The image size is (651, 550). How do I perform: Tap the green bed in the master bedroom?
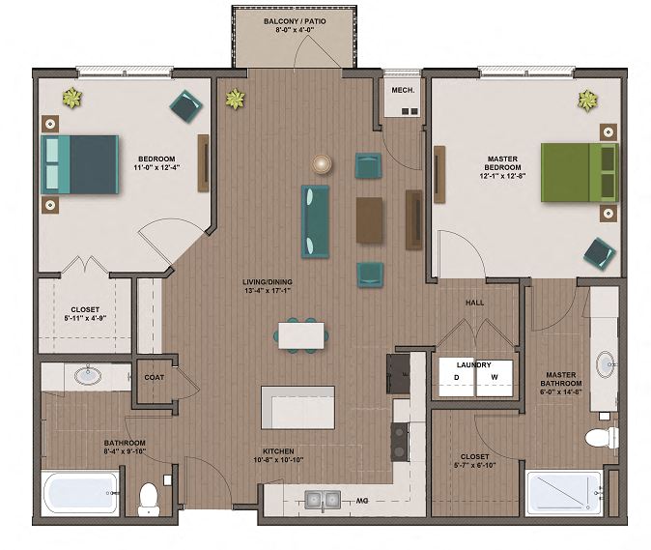pyautogui.click(x=579, y=172)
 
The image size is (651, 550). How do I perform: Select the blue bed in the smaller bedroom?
pyautogui.click(x=80, y=163)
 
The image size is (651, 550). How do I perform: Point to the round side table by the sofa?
pyautogui.click(x=321, y=163)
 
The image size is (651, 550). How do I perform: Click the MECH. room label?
pyautogui.click(x=402, y=91)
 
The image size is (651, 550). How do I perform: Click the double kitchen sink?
pyautogui.click(x=323, y=500)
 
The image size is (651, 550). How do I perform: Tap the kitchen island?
pyautogui.click(x=297, y=407)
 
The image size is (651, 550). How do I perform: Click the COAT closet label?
pyautogui.click(x=154, y=378)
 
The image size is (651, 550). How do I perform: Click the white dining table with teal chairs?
pyautogui.click(x=300, y=333)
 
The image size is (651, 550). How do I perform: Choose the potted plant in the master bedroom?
pyautogui.click(x=587, y=99)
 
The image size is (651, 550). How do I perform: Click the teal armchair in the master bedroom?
pyautogui.click(x=599, y=253)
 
